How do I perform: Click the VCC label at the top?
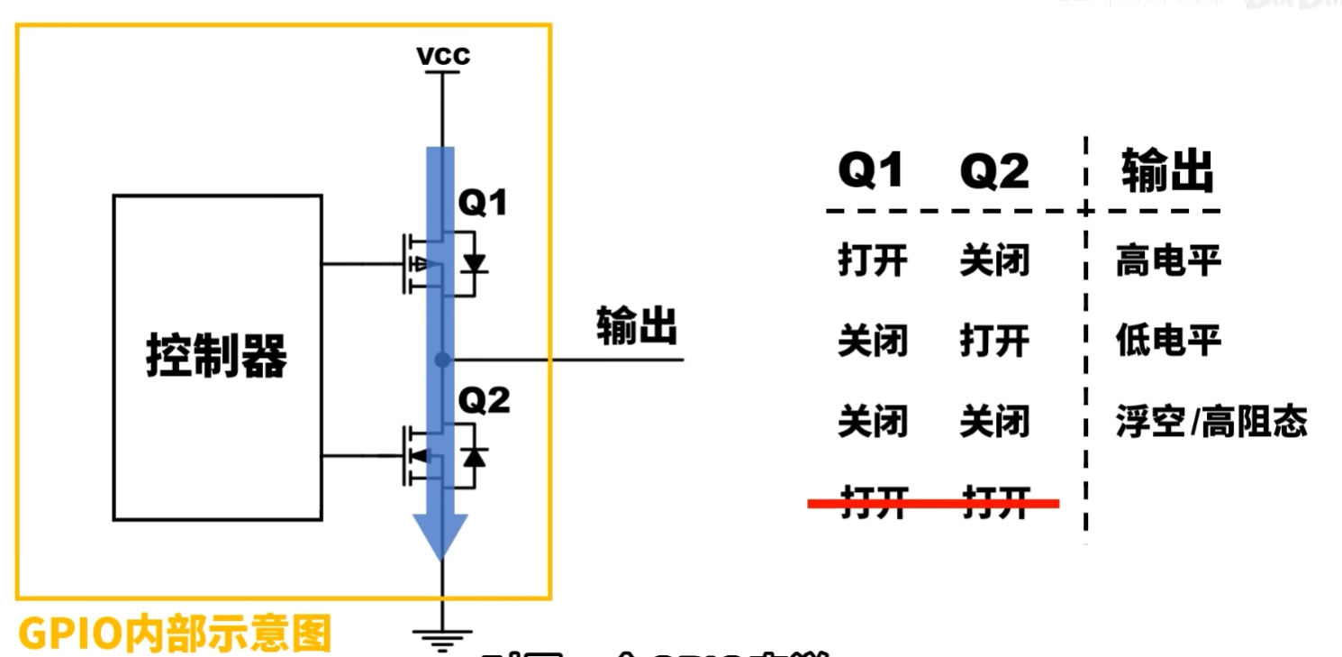point(443,57)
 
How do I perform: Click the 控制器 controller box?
point(217,357)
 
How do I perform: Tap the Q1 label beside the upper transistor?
point(483,205)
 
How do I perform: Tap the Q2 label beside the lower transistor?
point(484,401)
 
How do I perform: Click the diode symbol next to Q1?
point(474,263)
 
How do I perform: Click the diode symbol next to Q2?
point(474,456)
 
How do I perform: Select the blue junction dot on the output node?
point(441,360)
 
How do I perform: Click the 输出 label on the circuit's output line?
point(636,325)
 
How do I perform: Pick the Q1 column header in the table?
point(871,170)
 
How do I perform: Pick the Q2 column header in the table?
point(994,170)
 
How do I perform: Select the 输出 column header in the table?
point(1167,170)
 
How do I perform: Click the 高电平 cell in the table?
point(1167,262)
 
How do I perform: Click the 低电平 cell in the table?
point(1167,341)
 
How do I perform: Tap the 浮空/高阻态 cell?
point(1211,422)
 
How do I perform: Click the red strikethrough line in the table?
point(933,503)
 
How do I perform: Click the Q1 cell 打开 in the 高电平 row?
point(872,262)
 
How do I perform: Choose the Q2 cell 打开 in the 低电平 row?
point(994,341)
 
